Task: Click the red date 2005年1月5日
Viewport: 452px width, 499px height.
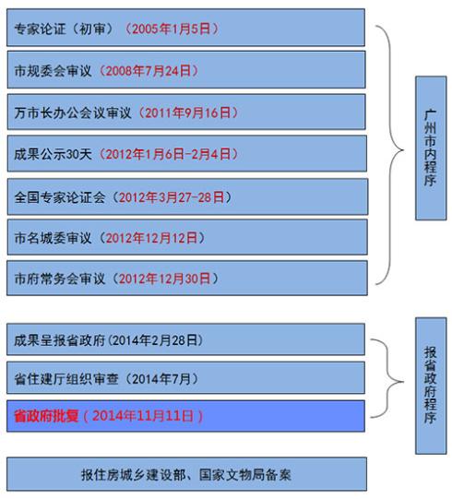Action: [172, 29]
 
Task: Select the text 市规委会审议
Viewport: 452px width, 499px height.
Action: [53, 71]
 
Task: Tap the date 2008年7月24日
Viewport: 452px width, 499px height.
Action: [148, 71]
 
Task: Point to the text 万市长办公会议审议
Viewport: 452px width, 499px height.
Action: [73, 113]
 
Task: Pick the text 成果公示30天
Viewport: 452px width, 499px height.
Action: [53, 154]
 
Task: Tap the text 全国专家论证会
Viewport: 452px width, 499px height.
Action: [60, 197]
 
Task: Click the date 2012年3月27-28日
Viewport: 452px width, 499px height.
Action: [172, 197]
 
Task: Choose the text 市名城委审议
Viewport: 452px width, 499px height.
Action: [53, 238]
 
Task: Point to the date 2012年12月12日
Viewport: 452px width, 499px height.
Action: [151, 238]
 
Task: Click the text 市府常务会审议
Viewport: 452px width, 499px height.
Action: [60, 279]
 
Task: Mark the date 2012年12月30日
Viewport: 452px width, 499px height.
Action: [164, 279]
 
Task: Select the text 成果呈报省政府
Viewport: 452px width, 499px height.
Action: [60, 340]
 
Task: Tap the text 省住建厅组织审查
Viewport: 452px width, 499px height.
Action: [66, 379]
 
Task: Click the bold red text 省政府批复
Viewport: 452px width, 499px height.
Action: [46, 416]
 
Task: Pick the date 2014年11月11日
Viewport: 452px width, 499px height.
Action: [143, 416]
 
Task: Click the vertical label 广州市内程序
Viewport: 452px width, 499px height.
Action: [430, 148]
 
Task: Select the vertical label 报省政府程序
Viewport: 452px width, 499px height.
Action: [430, 386]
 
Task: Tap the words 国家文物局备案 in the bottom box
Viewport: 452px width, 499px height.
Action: [245, 475]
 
